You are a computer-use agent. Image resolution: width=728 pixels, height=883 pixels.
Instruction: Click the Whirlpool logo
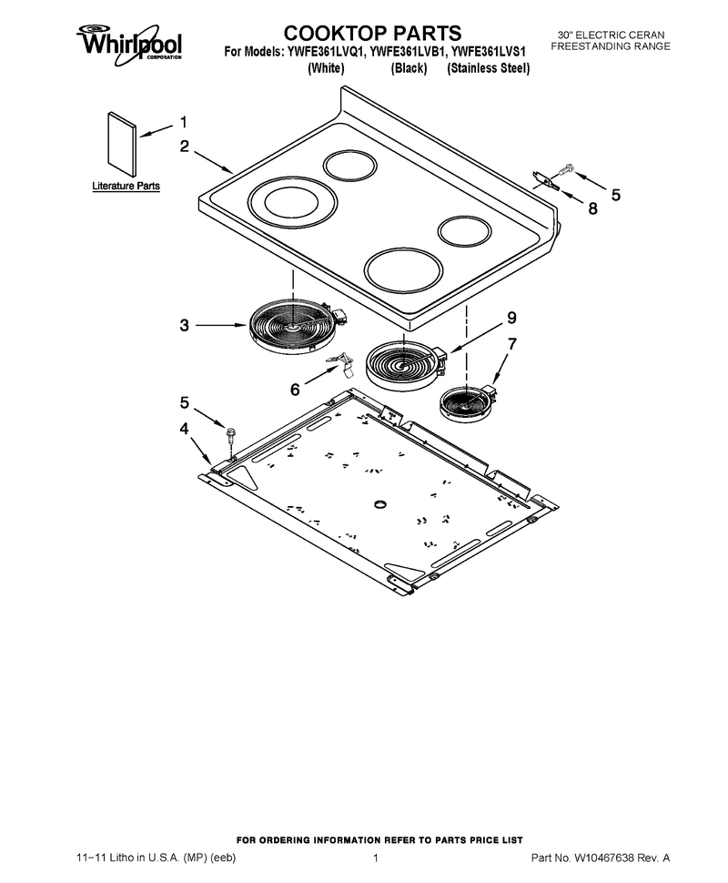click(129, 43)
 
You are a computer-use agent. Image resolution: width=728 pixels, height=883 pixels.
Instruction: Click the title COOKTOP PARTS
click(372, 33)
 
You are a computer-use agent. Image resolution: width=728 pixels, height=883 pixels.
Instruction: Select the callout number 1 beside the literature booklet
click(184, 122)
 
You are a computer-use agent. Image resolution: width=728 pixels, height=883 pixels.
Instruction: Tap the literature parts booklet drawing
click(122, 144)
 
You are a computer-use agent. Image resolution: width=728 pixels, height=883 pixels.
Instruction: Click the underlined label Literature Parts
click(126, 186)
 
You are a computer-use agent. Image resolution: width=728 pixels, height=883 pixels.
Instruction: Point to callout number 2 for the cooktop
click(185, 146)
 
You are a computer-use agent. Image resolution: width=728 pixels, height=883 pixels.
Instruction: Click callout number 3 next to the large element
click(184, 325)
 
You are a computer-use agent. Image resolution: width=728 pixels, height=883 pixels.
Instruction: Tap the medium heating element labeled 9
click(405, 365)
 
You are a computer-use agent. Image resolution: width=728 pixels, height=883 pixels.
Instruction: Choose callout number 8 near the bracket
click(592, 208)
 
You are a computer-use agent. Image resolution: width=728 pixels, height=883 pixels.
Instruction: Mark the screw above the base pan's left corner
click(231, 436)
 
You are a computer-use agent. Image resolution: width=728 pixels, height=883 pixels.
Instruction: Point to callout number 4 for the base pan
click(184, 429)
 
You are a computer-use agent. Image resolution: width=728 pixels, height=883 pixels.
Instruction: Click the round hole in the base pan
click(381, 502)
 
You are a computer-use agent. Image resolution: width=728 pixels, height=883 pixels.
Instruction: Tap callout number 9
click(511, 318)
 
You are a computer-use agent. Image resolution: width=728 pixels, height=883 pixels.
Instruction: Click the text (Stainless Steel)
click(488, 68)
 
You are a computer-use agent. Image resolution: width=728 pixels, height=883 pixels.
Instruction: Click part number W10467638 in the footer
click(604, 858)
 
